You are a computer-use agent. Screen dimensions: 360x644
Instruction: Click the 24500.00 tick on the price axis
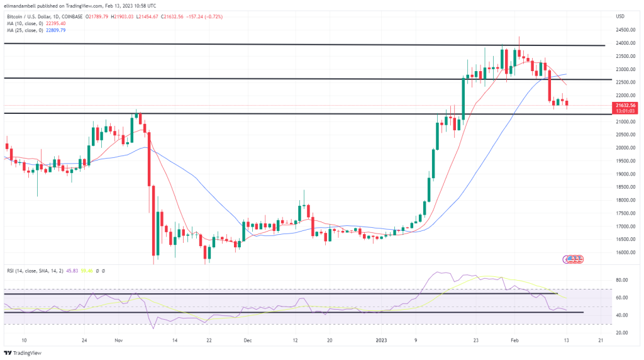[x=625, y=30]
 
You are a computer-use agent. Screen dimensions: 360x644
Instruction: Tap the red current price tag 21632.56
[x=625, y=105]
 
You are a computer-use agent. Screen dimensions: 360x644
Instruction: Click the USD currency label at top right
[x=619, y=16]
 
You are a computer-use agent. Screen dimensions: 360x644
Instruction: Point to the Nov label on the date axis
[x=118, y=340]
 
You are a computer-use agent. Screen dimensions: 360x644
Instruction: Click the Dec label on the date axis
[x=247, y=340]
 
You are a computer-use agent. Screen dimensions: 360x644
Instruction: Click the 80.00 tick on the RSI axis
[x=622, y=280]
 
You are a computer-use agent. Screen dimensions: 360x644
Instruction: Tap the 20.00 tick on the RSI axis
[x=622, y=332]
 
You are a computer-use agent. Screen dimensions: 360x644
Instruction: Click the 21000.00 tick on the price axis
[x=625, y=121]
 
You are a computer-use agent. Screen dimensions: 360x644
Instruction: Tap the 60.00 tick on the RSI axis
[x=622, y=298]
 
